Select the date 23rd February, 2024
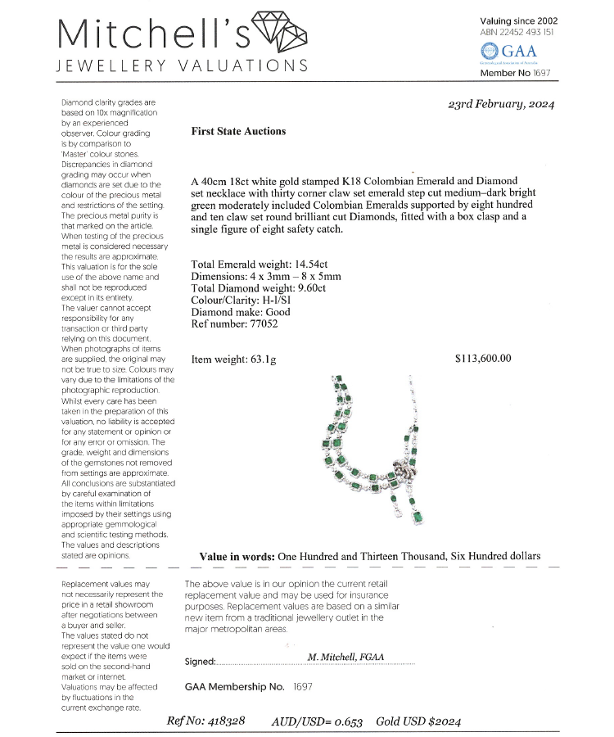(x=502, y=104)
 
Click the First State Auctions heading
(x=238, y=131)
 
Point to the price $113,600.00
(x=483, y=359)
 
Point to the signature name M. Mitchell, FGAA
(x=345, y=657)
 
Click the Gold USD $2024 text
(x=418, y=721)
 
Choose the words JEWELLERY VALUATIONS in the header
(x=181, y=66)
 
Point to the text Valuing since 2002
(x=518, y=20)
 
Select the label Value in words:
(x=237, y=557)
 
